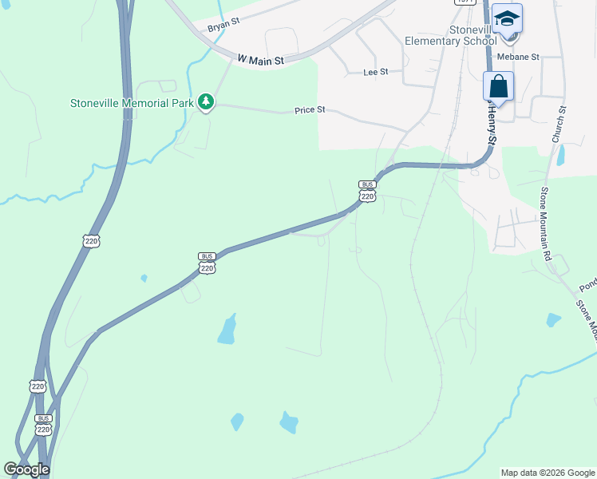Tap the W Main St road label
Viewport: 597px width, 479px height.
[261, 57]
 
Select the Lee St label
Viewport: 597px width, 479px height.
[375, 72]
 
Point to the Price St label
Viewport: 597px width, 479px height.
[310, 109]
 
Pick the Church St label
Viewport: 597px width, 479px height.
[559, 125]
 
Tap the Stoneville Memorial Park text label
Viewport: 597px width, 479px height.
[132, 102]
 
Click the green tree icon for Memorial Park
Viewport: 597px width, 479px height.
[206, 102]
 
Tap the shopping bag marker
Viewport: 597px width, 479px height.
[498, 85]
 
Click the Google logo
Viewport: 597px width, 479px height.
[26, 469]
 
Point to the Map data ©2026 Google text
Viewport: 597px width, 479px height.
[548, 473]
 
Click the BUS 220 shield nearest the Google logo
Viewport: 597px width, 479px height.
[44, 424]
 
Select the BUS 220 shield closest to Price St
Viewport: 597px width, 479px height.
[367, 191]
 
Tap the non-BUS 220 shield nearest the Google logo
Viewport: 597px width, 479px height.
[38, 386]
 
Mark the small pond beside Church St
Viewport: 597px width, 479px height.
[561, 154]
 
